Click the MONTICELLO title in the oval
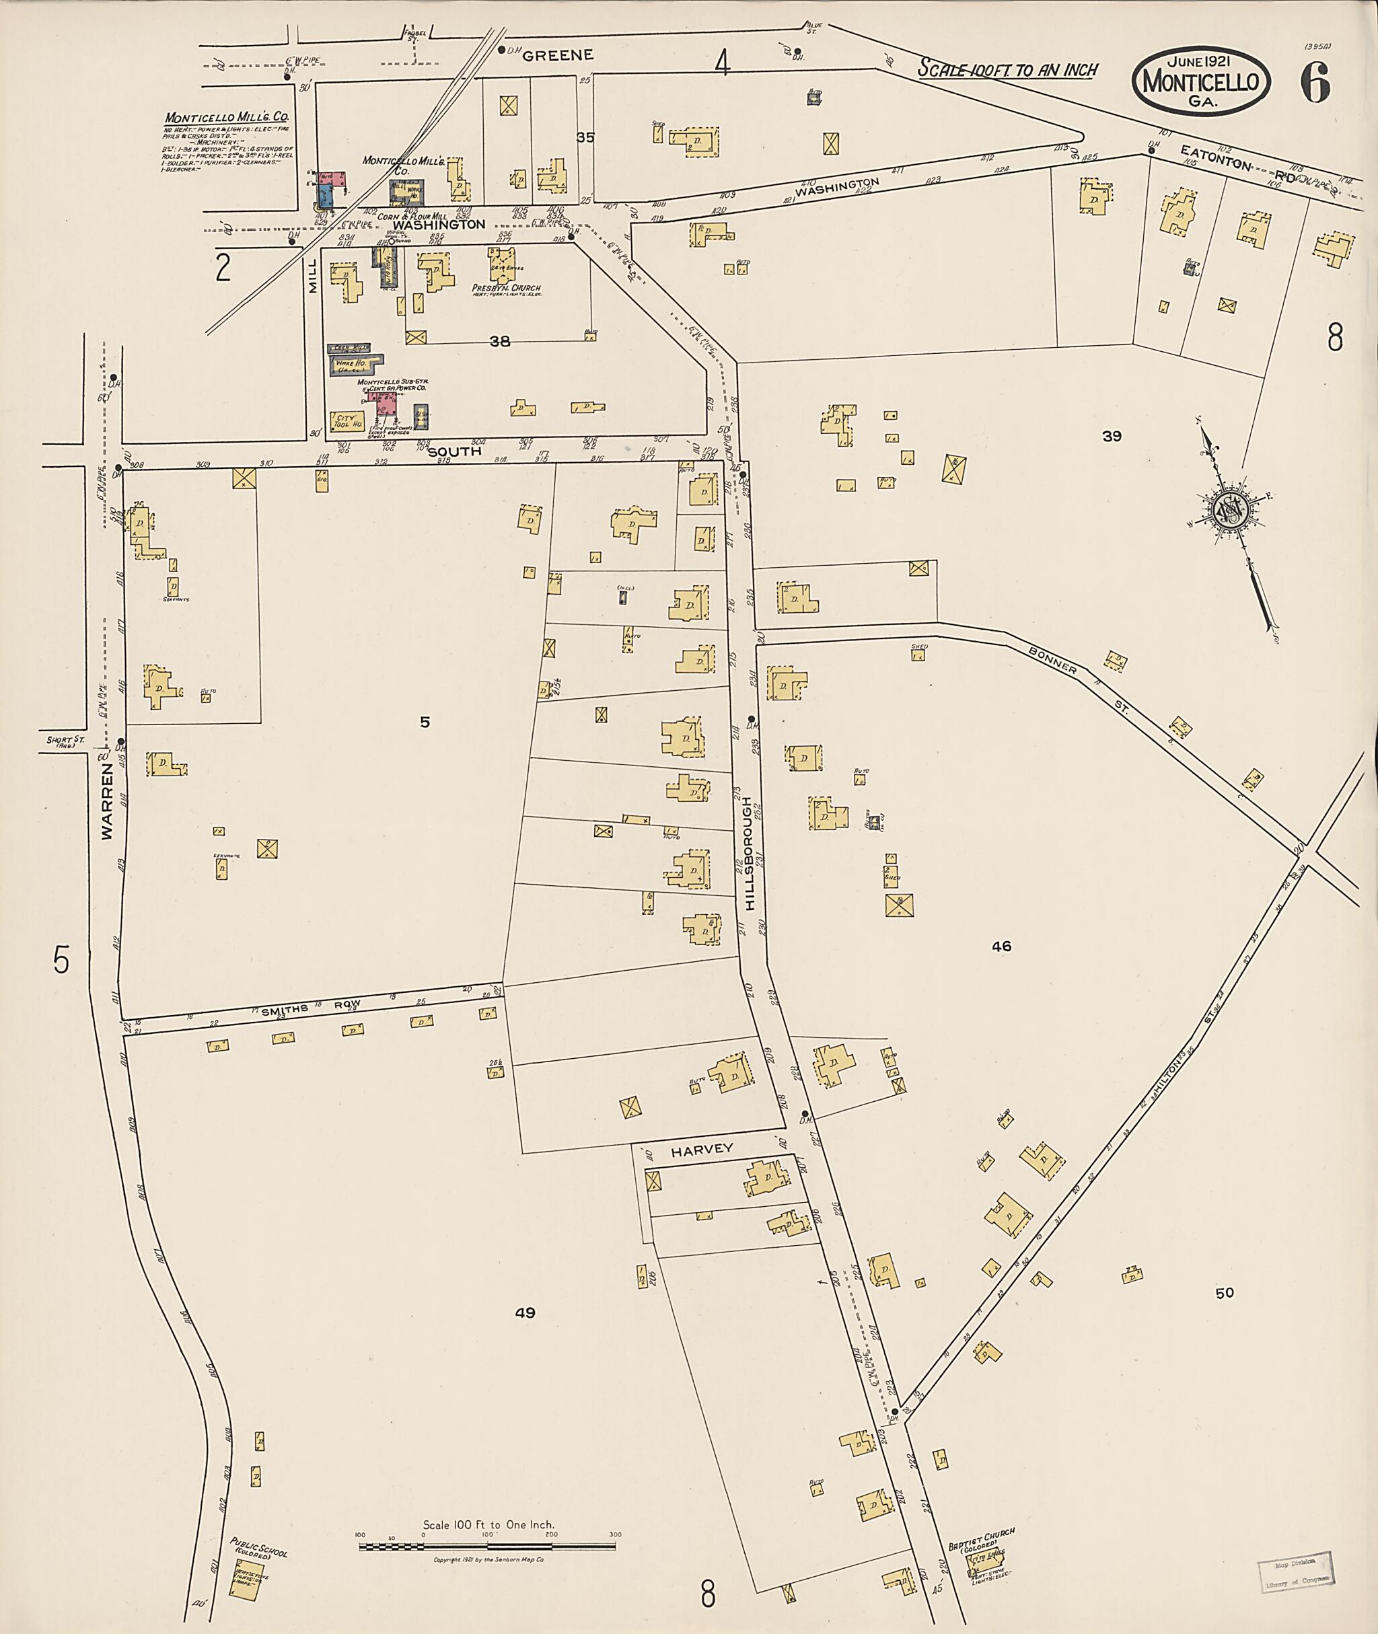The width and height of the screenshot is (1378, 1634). click(x=1202, y=81)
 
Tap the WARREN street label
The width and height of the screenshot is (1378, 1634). click(x=107, y=801)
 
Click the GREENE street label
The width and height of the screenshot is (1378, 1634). click(x=558, y=54)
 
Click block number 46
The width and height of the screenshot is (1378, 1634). click(x=1001, y=946)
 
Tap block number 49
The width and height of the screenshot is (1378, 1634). click(x=525, y=1313)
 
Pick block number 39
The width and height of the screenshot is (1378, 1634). click(x=1112, y=436)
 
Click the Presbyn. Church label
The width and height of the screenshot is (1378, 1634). click(x=506, y=288)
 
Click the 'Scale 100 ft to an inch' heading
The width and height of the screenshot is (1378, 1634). click(x=1007, y=69)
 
